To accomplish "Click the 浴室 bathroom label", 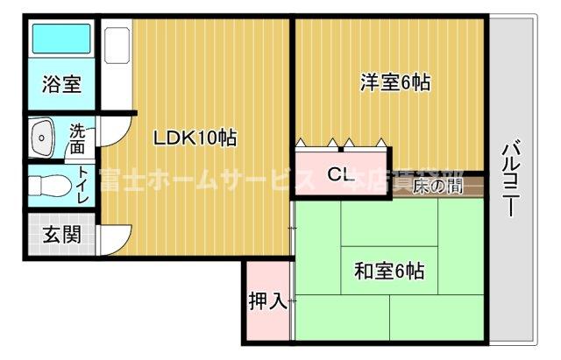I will coord(61,86).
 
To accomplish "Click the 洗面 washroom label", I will coord(79,138).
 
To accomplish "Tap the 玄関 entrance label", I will coord(61,235).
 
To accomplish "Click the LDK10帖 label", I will coord(195,138).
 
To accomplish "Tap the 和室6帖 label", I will coord(389,272).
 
